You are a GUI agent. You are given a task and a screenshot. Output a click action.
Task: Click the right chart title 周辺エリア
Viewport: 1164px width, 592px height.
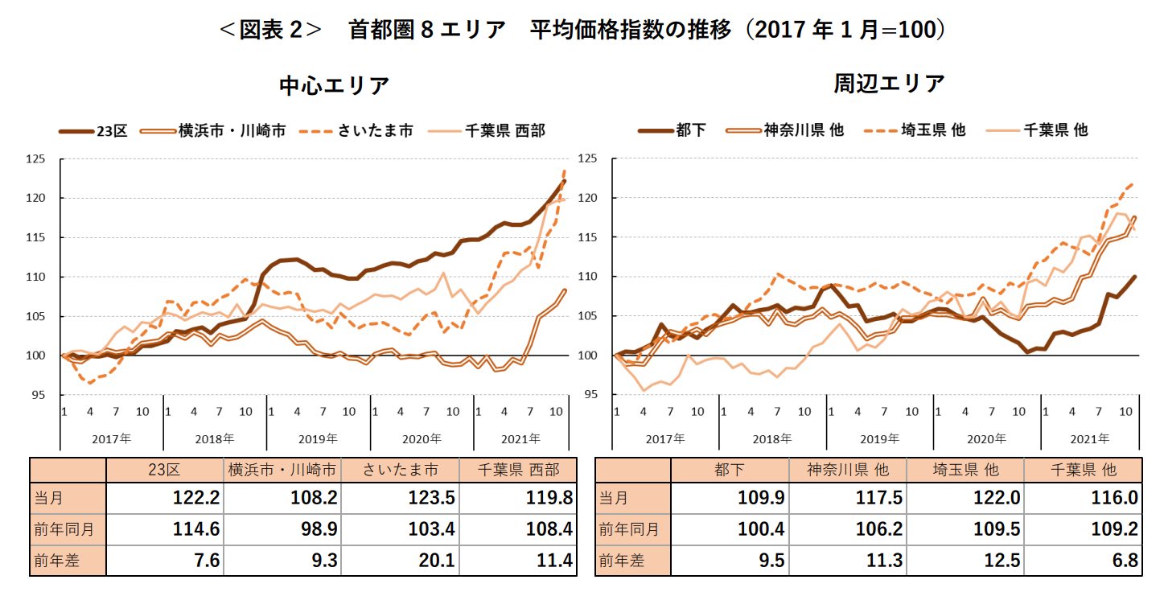point(888,84)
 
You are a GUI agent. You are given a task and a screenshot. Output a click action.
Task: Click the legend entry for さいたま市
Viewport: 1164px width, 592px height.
point(374,130)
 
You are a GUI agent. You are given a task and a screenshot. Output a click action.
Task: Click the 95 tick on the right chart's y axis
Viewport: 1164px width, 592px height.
point(603,395)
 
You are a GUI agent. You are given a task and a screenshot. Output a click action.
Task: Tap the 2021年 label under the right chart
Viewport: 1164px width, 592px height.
point(1092,438)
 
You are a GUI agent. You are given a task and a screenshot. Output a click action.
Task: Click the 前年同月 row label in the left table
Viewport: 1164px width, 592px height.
point(64,529)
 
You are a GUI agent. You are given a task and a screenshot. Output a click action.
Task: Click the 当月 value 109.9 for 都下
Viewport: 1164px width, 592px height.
point(761,499)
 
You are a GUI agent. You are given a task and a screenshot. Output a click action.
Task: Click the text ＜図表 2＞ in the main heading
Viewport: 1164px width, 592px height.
point(269,31)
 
